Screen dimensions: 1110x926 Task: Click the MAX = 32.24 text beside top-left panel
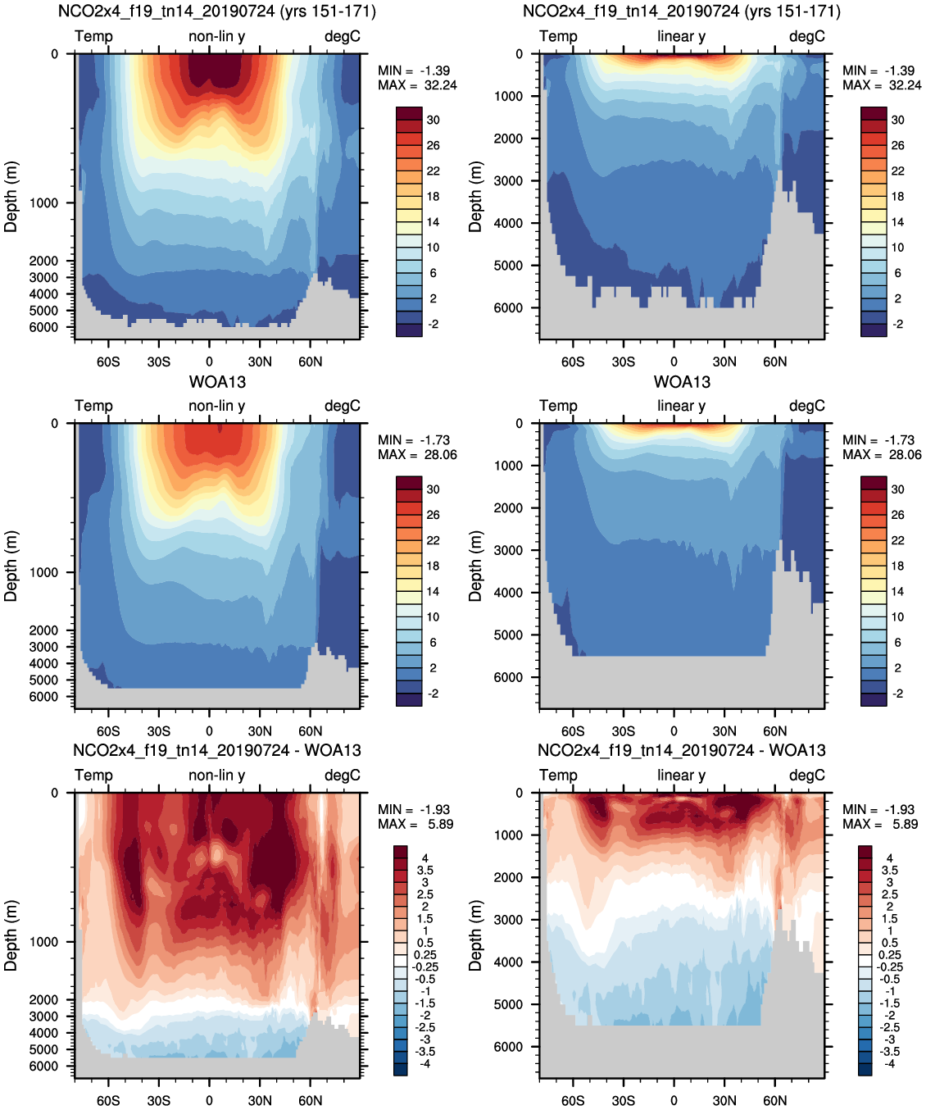coord(417,85)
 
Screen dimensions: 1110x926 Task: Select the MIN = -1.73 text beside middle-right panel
coord(882,440)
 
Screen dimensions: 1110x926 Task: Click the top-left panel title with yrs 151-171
coord(217,11)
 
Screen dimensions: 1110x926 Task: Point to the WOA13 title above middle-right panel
coord(682,382)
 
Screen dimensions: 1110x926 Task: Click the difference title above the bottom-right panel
coord(682,750)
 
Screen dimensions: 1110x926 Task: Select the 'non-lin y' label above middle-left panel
coord(216,406)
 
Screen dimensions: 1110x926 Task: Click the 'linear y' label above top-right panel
coord(681,36)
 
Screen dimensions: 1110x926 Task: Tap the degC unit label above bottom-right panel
coord(806,775)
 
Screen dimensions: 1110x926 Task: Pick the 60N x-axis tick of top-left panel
coord(310,362)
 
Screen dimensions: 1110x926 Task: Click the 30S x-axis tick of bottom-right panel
coord(623,1100)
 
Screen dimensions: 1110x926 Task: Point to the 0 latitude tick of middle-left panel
coord(209,731)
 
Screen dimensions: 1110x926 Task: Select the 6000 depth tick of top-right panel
coord(508,308)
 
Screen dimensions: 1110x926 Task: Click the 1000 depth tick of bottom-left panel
coord(43,942)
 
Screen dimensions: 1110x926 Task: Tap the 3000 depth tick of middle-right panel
coord(508,550)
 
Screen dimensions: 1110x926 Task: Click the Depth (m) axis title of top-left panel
coord(11,197)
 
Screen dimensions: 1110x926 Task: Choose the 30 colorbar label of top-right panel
coord(897,120)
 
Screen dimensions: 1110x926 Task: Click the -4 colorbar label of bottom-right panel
coord(889,1063)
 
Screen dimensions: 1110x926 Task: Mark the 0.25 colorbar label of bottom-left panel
coord(424,954)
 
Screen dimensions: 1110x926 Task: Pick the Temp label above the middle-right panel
coord(558,406)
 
